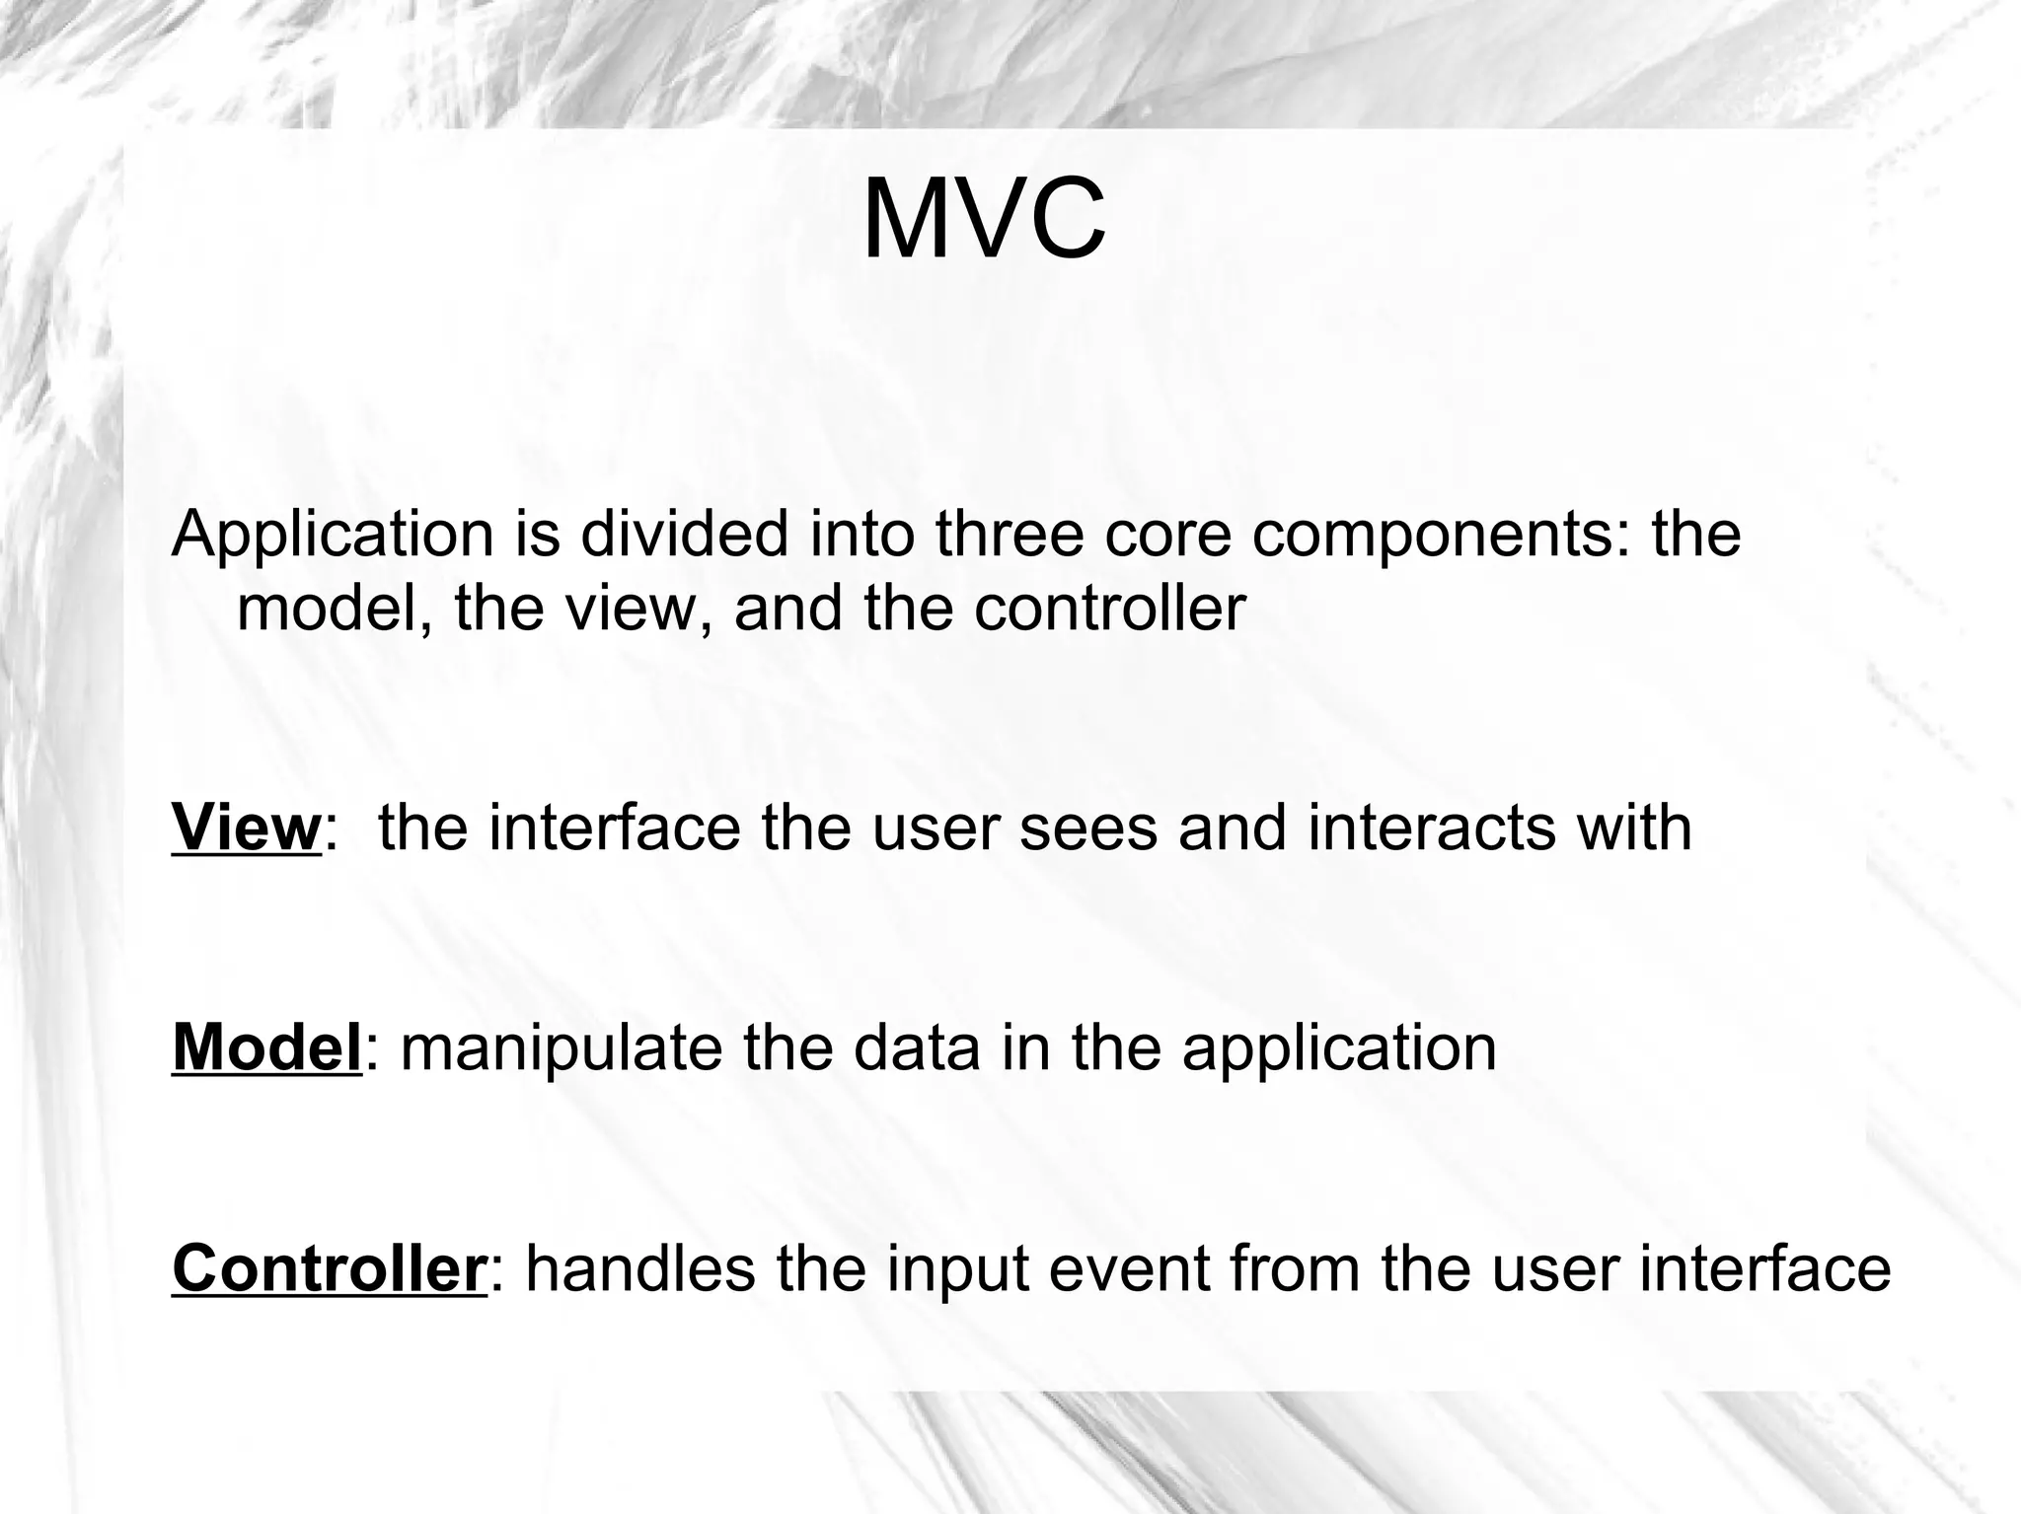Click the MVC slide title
tap(984, 219)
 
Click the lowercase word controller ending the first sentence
tap(1110, 609)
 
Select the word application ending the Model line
tap(1339, 1049)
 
